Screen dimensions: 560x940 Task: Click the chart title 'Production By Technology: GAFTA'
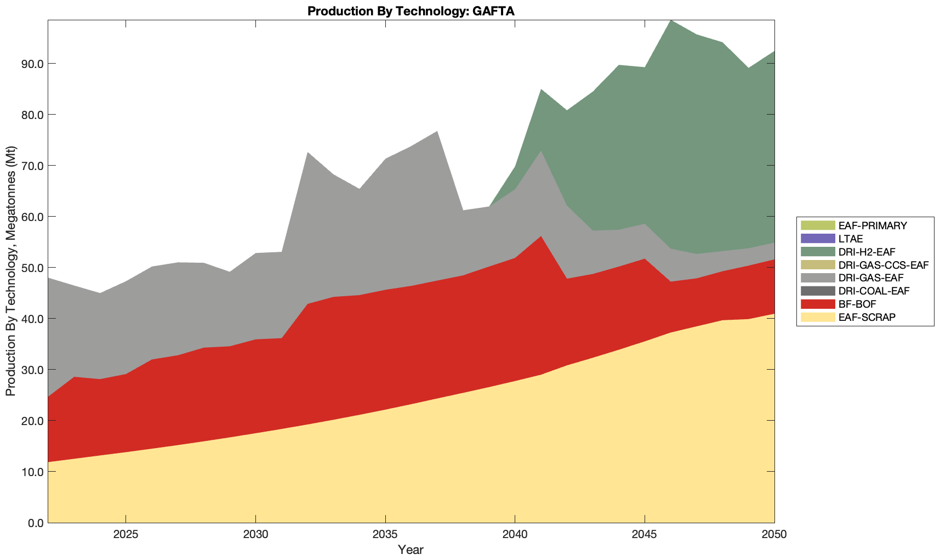[x=411, y=11]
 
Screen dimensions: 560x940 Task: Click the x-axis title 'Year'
[x=411, y=550]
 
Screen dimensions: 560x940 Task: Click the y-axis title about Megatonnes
[x=10, y=271]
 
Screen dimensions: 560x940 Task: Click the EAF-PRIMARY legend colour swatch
[x=817, y=225]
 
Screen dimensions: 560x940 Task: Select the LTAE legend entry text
[x=851, y=239]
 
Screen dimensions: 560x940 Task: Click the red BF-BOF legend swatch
[x=817, y=304]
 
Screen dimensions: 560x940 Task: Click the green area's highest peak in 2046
[x=671, y=21]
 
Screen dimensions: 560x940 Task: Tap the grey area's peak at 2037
[x=437, y=132]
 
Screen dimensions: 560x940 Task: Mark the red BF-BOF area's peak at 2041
[x=541, y=237]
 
